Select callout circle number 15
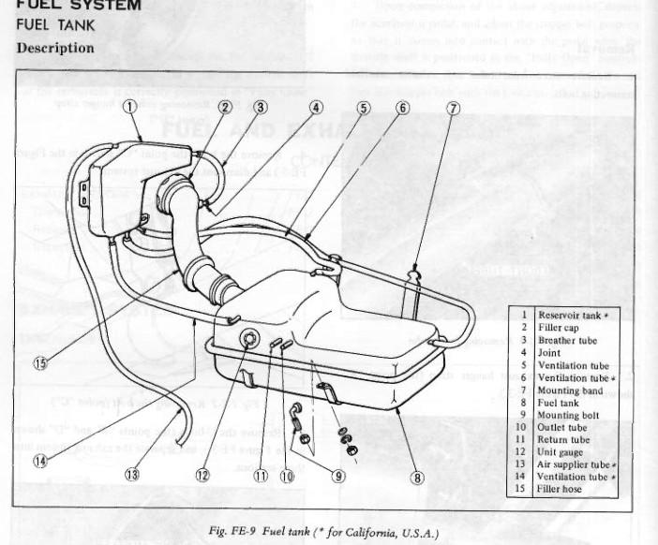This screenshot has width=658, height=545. (x=39, y=363)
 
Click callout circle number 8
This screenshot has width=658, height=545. (x=417, y=476)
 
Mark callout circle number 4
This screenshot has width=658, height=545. (x=316, y=107)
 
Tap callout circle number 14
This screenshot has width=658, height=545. (x=39, y=461)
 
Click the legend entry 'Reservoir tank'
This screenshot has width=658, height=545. (x=568, y=316)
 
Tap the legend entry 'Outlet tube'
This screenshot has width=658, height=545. (x=562, y=427)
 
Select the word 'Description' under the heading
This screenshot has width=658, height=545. (x=54, y=47)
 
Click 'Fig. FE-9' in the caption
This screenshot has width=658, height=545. (x=232, y=532)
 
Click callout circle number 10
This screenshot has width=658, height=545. (x=287, y=474)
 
